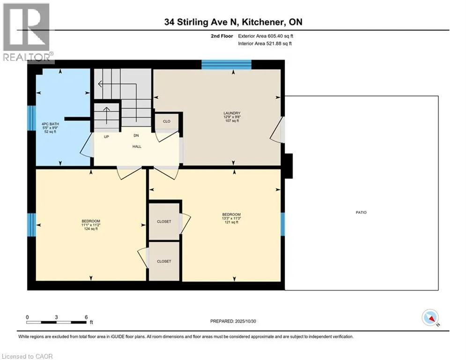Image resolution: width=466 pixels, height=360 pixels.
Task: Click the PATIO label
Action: [361, 212]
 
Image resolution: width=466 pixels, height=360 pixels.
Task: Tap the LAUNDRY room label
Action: [232, 113]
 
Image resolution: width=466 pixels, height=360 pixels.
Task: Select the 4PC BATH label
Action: [50, 124]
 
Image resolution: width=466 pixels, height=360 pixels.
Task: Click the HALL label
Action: [137, 146]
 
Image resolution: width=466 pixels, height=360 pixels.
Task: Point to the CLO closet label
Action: [167, 121]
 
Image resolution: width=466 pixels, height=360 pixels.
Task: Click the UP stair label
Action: [106, 137]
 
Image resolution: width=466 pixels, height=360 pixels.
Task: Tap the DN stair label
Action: [136, 135]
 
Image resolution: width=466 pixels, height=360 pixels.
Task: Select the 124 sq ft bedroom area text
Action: [91, 229]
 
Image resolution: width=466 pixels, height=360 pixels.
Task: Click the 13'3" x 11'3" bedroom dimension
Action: [231, 218]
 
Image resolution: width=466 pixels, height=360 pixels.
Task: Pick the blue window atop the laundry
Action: [227, 65]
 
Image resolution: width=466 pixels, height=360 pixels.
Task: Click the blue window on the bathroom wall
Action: [31, 118]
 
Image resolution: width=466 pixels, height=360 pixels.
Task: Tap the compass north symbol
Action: [430, 317]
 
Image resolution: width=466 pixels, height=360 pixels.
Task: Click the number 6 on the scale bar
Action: [86, 317]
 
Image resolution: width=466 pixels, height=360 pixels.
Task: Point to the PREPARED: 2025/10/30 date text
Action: [233, 321]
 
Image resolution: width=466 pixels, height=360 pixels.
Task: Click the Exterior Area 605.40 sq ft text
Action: [266, 36]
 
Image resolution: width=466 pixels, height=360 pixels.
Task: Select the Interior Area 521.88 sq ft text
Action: [265, 44]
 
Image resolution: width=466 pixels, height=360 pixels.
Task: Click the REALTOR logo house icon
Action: [26, 27]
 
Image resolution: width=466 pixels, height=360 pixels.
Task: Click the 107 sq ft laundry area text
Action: [232, 121]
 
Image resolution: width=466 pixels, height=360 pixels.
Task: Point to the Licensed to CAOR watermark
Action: [27, 356]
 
